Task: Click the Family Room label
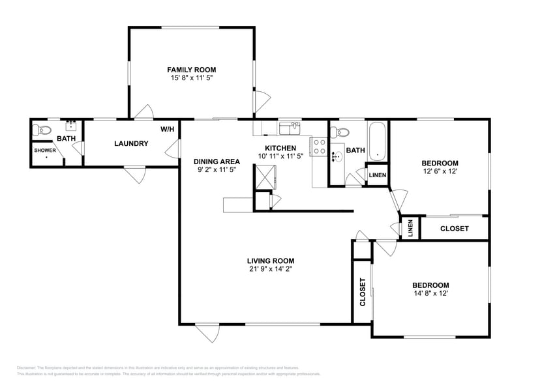(x=191, y=70)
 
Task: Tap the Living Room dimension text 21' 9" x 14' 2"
(x=270, y=268)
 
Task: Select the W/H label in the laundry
(x=167, y=129)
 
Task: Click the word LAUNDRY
(x=131, y=143)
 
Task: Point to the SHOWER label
(x=46, y=150)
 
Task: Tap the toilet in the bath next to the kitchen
(x=337, y=132)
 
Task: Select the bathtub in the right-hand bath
(x=377, y=142)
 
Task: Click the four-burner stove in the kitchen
(x=320, y=147)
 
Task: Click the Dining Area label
(x=217, y=162)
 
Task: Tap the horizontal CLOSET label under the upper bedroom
(x=454, y=229)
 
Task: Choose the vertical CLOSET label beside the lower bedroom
(x=363, y=292)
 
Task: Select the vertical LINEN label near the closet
(x=410, y=229)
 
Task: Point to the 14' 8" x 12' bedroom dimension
(x=430, y=293)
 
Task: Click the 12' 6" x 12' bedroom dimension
(x=440, y=171)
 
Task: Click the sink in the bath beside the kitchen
(x=337, y=156)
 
